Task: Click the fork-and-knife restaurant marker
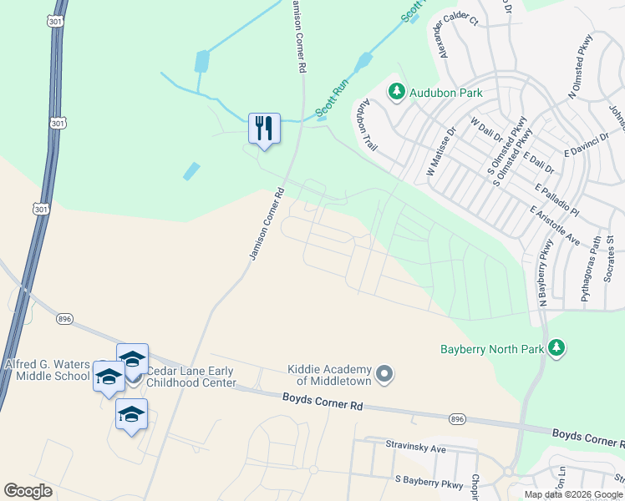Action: click(x=264, y=129)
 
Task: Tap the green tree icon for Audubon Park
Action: click(x=396, y=93)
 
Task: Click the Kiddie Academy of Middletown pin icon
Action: click(x=384, y=373)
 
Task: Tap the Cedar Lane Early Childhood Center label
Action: click(x=192, y=377)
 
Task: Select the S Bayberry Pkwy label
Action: click(x=428, y=482)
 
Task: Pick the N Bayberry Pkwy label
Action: click(x=544, y=272)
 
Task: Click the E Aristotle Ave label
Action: click(x=555, y=226)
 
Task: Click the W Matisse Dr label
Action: click(x=443, y=150)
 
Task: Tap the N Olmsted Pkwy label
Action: click(x=580, y=68)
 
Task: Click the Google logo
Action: click(x=28, y=491)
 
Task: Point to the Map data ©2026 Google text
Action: click(x=573, y=494)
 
